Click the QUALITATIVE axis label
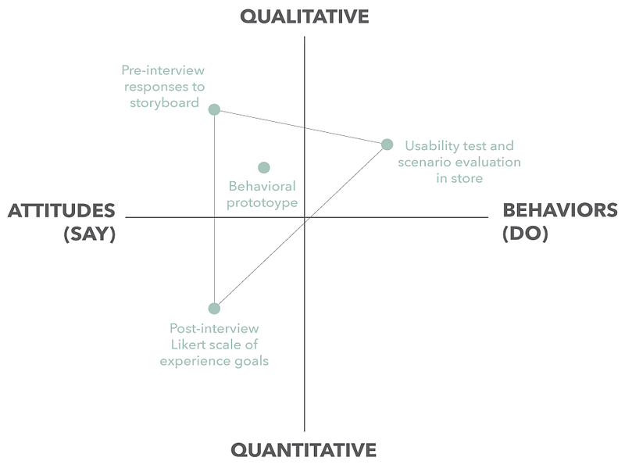pos(304,16)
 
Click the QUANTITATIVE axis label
pos(304,450)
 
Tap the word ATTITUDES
pos(62,211)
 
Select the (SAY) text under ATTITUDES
pos(90,234)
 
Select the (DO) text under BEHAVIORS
pos(525,233)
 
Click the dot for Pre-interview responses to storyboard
pos(214,109)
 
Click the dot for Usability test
pos(387,145)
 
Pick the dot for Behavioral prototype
pos(264,167)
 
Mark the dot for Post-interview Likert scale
pos(214,309)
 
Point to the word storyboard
pos(164,103)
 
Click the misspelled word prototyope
pos(263,203)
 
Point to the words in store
pos(459,178)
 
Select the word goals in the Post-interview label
pos(251,361)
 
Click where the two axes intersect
pos(304,217)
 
